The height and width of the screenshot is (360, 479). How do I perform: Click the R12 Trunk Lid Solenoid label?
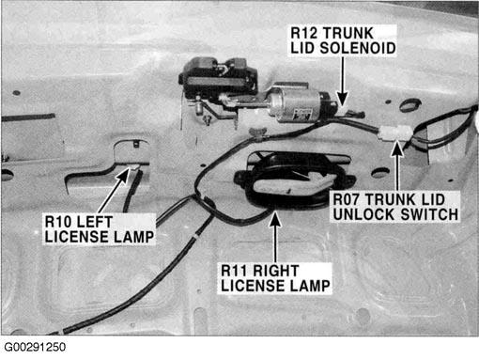coord(343,40)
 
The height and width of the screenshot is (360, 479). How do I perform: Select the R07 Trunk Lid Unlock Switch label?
coord(395,207)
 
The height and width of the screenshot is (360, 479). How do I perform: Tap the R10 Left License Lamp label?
coord(99,229)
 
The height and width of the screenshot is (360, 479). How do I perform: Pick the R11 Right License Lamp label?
coord(275,278)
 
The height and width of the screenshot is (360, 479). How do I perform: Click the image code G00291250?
coord(35,347)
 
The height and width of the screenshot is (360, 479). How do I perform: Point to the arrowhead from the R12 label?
coord(343,99)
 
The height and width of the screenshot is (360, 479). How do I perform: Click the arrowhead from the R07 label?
coord(397,149)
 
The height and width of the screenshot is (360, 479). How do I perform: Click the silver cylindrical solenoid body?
coord(294,103)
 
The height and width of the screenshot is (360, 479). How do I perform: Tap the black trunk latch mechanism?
coord(218,77)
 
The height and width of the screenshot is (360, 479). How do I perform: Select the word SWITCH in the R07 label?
coord(429,214)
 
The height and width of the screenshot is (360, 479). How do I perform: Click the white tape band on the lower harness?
coord(195,235)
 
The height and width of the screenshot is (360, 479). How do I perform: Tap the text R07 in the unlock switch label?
coord(347,199)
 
